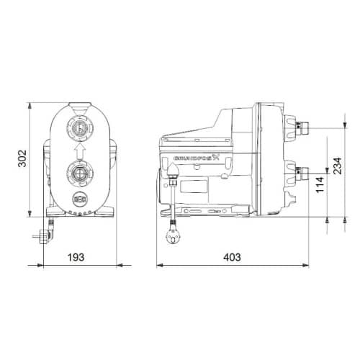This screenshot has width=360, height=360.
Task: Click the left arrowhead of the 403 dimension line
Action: coord(160,265)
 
